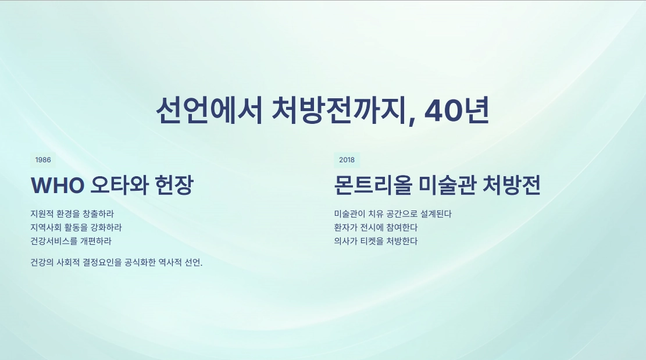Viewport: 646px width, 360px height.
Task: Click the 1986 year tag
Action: coord(43,160)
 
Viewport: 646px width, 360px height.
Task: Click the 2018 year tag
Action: coord(347,160)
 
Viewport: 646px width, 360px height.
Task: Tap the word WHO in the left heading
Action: coord(58,186)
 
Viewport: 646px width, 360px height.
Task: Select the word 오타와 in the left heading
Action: coord(119,185)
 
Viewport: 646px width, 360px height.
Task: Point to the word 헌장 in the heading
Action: coord(174,185)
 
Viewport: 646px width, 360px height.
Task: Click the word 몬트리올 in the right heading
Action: coord(373,185)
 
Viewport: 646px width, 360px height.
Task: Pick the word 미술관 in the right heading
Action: coord(447,185)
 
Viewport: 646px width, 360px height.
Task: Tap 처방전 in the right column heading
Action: coord(511,185)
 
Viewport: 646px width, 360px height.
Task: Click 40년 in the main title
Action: coord(456,111)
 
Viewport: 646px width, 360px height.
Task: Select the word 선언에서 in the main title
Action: coord(209,111)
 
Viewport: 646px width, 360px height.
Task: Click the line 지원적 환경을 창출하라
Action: coord(72,214)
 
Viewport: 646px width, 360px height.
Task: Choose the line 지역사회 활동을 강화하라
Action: coord(76,227)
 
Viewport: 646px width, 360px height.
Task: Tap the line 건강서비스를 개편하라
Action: coord(71,241)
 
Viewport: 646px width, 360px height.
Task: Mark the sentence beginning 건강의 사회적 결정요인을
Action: coord(117,262)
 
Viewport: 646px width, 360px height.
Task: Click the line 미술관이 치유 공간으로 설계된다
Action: coord(393,214)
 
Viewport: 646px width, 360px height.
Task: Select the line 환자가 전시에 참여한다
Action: coord(376,227)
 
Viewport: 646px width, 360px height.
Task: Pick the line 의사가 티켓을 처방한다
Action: coord(376,241)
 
